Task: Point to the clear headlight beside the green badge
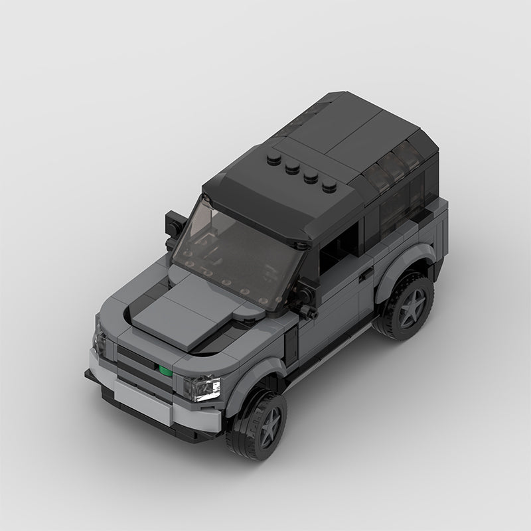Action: pos(203,387)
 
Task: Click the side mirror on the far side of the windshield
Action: pos(173,222)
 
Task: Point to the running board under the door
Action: pos(332,352)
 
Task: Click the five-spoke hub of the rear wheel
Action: pos(410,305)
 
